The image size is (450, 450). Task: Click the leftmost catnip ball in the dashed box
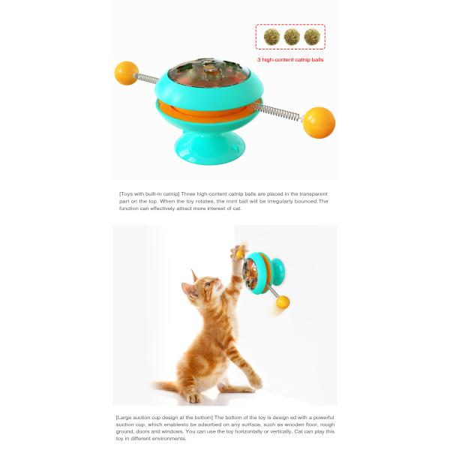coord(271,37)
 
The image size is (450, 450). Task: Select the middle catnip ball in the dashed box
coord(292,37)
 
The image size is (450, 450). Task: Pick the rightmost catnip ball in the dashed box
coord(312,37)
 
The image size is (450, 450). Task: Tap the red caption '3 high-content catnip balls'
coord(290,60)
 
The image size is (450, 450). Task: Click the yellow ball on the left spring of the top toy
coord(126,73)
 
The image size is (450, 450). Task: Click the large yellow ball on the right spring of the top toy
coord(319,122)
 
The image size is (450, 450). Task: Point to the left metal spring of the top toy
coord(147,78)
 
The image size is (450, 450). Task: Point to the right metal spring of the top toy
coord(278,112)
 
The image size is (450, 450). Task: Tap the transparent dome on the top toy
coord(208,72)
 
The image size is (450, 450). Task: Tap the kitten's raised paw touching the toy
coord(238,251)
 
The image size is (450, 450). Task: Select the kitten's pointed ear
coord(194,276)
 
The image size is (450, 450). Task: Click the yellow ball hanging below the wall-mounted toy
coord(283,302)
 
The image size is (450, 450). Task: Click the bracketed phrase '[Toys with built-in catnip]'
coord(149,194)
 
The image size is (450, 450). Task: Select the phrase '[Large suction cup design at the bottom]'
coord(164,417)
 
